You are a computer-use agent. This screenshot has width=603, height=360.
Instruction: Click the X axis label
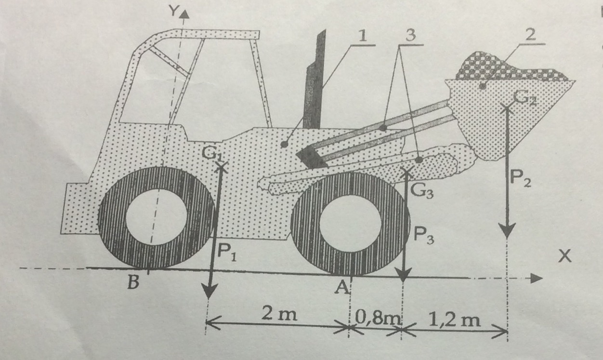[564, 256]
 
